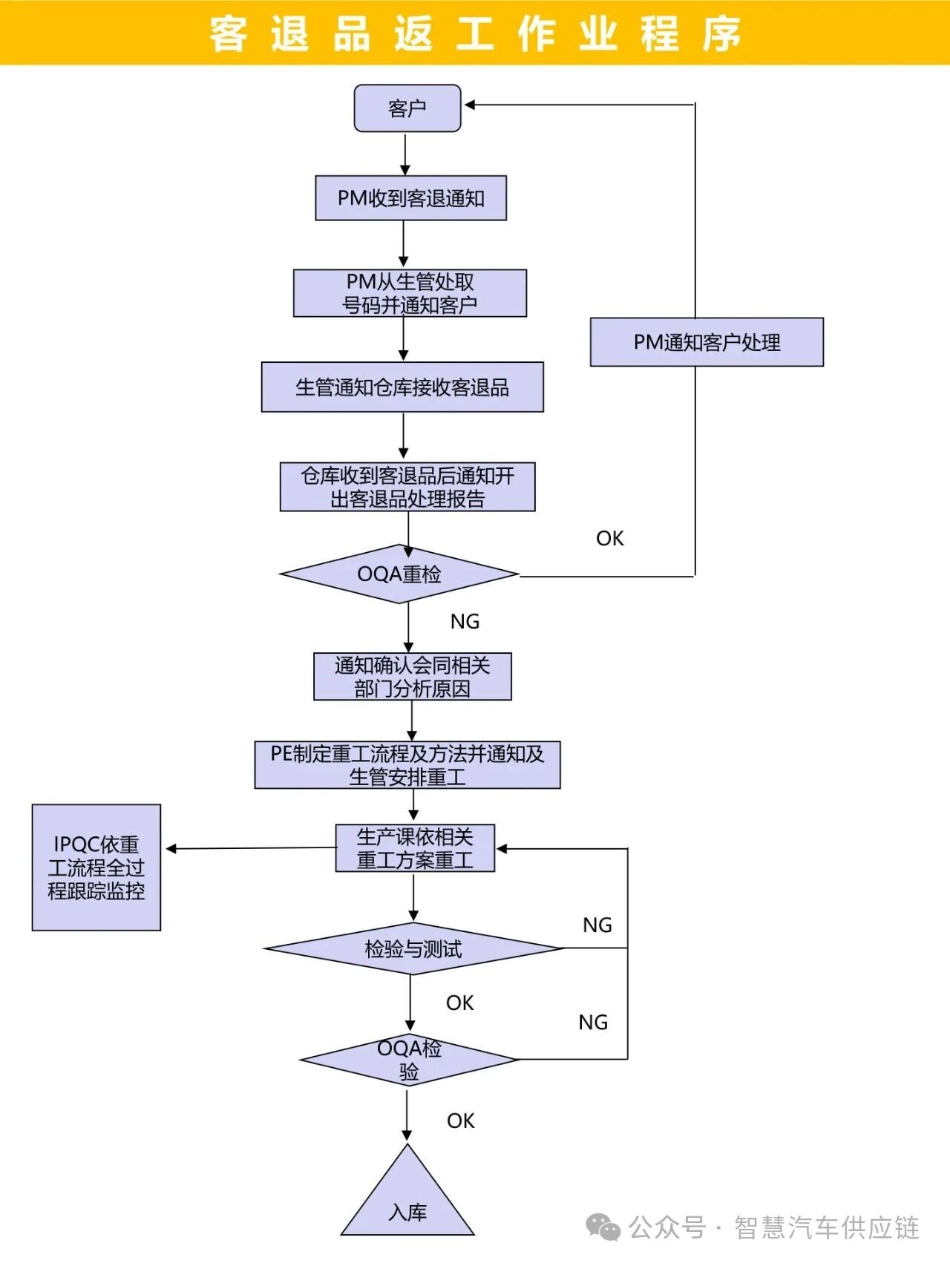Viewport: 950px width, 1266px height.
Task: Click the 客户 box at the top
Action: point(407,108)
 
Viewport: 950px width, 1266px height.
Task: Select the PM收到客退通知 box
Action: point(410,198)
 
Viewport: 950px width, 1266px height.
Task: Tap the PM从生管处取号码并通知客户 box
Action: point(410,293)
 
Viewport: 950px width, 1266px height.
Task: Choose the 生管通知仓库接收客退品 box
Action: point(402,387)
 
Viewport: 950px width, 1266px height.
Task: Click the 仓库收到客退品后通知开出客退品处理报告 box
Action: point(407,487)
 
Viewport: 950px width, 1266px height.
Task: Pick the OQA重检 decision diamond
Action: point(399,574)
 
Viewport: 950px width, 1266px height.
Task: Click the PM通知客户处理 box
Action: point(707,342)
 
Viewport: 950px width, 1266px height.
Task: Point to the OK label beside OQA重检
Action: point(609,539)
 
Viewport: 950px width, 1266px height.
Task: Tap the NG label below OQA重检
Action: point(465,621)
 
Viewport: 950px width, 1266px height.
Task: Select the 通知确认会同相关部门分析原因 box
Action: point(412,676)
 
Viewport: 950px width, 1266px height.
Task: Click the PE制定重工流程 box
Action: point(407,764)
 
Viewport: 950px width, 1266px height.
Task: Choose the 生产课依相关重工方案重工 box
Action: point(415,848)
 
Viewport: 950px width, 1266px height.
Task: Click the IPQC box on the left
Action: point(96,867)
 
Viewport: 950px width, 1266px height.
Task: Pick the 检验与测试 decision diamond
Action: point(413,948)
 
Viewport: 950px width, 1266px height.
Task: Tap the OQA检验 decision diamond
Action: point(409,1060)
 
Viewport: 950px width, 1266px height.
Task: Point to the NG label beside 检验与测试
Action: point(597,925)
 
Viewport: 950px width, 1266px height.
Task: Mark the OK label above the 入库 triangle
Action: point(460,1121)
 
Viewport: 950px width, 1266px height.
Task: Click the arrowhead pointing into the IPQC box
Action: point(171,848)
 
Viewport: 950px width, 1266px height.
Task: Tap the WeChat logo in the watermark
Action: point(603,1227)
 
